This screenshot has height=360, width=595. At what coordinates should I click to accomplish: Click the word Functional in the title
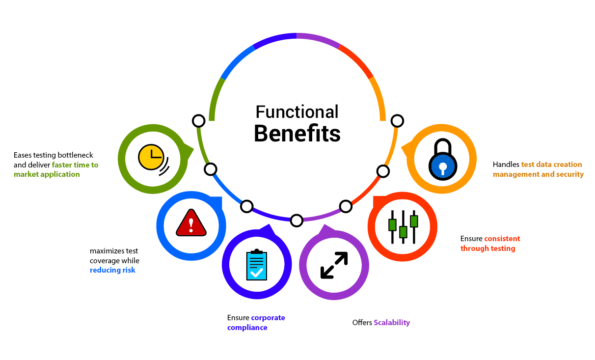[x=297, y=112]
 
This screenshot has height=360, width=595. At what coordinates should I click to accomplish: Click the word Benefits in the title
[x=297, y=134]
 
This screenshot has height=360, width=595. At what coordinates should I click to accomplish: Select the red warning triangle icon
[x=191, y=223]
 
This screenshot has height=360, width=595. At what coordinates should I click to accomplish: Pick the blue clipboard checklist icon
[x=257, y=265]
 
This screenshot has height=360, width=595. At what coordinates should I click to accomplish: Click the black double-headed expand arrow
[x=334, y=265]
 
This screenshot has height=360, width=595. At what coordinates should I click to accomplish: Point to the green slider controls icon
[x=403, y=227]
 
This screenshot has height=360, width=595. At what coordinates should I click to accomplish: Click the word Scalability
[x=392, y=323]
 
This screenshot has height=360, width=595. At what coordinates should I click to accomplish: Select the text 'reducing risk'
[x=112, y=270]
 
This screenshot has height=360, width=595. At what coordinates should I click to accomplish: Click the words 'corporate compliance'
[x=256, y=323]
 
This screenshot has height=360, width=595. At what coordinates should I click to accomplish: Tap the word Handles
[x=506, y=165]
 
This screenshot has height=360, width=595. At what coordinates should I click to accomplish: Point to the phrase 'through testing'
[x=488, y=249]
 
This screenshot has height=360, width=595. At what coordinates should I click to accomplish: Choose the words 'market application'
[x=47, y=174]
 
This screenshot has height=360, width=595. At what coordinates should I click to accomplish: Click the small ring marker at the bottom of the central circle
[x=297, y=221]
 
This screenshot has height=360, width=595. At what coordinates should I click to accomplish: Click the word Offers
[x=362, y=323]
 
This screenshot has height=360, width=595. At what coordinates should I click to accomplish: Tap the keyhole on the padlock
[x=443, y=167]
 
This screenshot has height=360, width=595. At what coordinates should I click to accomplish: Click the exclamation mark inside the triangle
[x=191, y=225]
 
